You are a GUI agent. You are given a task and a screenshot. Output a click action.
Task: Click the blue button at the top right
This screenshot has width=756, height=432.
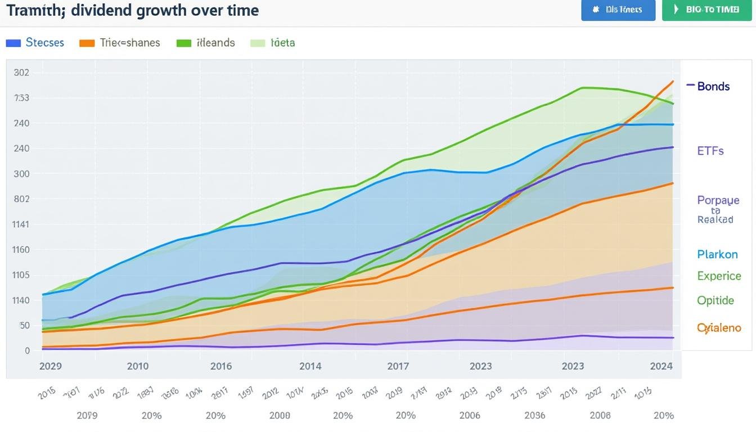(618, 10)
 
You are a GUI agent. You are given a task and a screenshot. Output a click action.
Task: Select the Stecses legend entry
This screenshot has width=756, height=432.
(45, 43)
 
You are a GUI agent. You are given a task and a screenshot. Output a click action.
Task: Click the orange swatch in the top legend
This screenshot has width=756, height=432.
(87, 43)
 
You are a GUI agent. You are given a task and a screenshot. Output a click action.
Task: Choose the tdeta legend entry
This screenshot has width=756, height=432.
(282, 43)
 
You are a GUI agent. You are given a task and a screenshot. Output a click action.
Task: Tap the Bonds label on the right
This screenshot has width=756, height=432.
(713, 86)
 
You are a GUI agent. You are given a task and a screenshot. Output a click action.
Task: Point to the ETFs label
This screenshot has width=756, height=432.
(710, 151)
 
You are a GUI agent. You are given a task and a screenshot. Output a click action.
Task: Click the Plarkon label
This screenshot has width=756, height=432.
(717, 254)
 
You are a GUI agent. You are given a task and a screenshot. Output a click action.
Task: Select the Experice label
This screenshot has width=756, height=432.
(719, 276)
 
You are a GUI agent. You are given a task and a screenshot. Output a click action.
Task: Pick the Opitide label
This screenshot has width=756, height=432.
(715, 300)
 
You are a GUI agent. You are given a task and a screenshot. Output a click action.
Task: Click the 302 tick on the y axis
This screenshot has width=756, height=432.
(21, 73)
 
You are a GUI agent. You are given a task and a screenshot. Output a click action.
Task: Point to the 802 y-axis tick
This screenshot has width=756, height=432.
(21, 199)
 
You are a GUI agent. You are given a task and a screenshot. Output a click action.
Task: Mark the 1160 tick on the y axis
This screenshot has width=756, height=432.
(21, 250)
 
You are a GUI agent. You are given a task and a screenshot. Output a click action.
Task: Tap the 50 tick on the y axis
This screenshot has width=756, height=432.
(24, 326)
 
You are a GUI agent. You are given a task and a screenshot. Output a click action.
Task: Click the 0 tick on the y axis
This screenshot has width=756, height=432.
(27, 351)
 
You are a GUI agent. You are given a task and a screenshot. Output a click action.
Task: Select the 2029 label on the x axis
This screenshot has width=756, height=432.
(51, 366)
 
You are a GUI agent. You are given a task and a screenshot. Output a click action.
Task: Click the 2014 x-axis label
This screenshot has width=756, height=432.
(310, 366)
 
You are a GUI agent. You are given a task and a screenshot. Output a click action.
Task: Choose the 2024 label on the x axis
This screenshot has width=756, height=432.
(661, 366)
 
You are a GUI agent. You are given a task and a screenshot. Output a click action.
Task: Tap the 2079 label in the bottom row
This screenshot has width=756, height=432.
(87, 416)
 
